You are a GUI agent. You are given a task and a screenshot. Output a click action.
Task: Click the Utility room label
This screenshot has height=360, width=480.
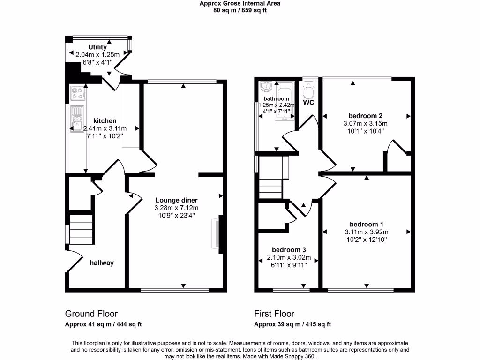[97, 47]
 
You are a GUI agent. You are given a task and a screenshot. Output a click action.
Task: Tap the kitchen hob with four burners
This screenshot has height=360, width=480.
[77, 94]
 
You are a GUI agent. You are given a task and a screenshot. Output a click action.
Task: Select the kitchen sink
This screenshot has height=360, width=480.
[77, 119]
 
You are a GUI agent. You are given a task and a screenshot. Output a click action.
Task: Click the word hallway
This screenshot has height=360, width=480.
[102, 263]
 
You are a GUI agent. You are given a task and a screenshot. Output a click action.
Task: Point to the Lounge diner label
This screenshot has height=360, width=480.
[176, 200]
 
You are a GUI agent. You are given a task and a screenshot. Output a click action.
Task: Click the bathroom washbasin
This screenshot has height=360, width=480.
[266, 87]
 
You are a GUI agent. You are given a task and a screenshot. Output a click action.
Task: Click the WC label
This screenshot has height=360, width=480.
[308, 103]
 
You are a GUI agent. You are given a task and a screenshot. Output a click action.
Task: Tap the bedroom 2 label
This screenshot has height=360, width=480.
[366, 116]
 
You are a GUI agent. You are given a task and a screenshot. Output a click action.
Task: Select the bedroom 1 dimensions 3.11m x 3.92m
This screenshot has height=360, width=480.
[366, 232]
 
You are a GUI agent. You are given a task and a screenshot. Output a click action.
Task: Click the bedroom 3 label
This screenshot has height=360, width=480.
[290, 250]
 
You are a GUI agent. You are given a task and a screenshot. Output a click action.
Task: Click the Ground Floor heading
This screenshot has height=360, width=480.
[91, 314]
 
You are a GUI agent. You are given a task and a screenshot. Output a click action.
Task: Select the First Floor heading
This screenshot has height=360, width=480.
[274, 314]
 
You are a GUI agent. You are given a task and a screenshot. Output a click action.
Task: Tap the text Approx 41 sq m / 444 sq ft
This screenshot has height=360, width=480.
[103, 324]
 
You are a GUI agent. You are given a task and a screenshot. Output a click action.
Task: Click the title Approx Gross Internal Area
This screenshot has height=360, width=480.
[240, 3]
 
